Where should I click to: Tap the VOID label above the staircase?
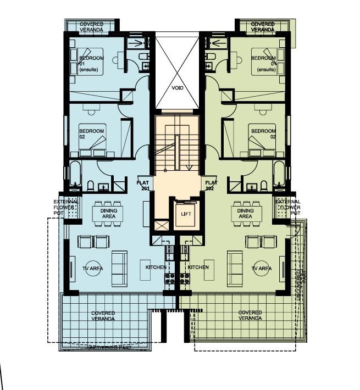tap(177, 87)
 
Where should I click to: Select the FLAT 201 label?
tap(143, 186)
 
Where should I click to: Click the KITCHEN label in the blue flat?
tap(156, 267)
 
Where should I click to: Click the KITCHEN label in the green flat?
tap(198, 267)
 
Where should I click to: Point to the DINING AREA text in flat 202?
tap(245, 213)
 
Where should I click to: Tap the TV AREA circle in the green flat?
tap(262, 269)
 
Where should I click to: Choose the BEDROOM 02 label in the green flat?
tap(262, 134)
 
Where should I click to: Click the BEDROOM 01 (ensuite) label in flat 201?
tap(91, 64)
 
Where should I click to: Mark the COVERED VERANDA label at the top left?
tap(91, 27)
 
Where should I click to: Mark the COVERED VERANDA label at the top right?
tap(263, 27)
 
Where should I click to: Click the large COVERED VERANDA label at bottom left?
tap(103, 316)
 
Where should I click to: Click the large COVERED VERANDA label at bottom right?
tap(250, 315)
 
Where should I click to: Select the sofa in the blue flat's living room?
tap(119, 269)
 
